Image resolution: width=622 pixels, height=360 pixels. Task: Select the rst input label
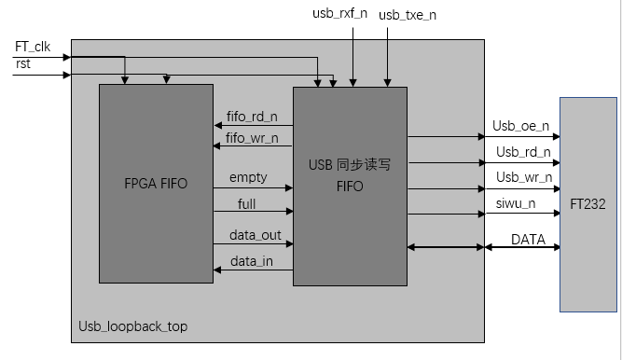tap(22, 62)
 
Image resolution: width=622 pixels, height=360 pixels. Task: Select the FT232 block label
tap(588, 203)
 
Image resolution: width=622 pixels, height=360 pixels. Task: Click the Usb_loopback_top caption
tap(131, 327)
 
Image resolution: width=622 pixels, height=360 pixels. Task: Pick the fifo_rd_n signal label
tap(252, 118)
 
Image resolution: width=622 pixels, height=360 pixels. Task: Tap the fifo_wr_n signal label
tap(252, 140)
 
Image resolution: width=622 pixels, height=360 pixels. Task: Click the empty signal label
tap(247, 177)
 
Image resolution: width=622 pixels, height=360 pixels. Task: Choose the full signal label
tap(246, 202)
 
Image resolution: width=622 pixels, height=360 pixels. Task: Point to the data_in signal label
tap(252, 261)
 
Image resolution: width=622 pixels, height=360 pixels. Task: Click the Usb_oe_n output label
tap(521, 126)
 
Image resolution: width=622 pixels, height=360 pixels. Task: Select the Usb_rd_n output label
tap(523, 151)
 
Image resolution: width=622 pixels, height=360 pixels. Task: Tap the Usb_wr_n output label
tap(523, 176)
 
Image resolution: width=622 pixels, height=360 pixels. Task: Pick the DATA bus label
tap(528, 240)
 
